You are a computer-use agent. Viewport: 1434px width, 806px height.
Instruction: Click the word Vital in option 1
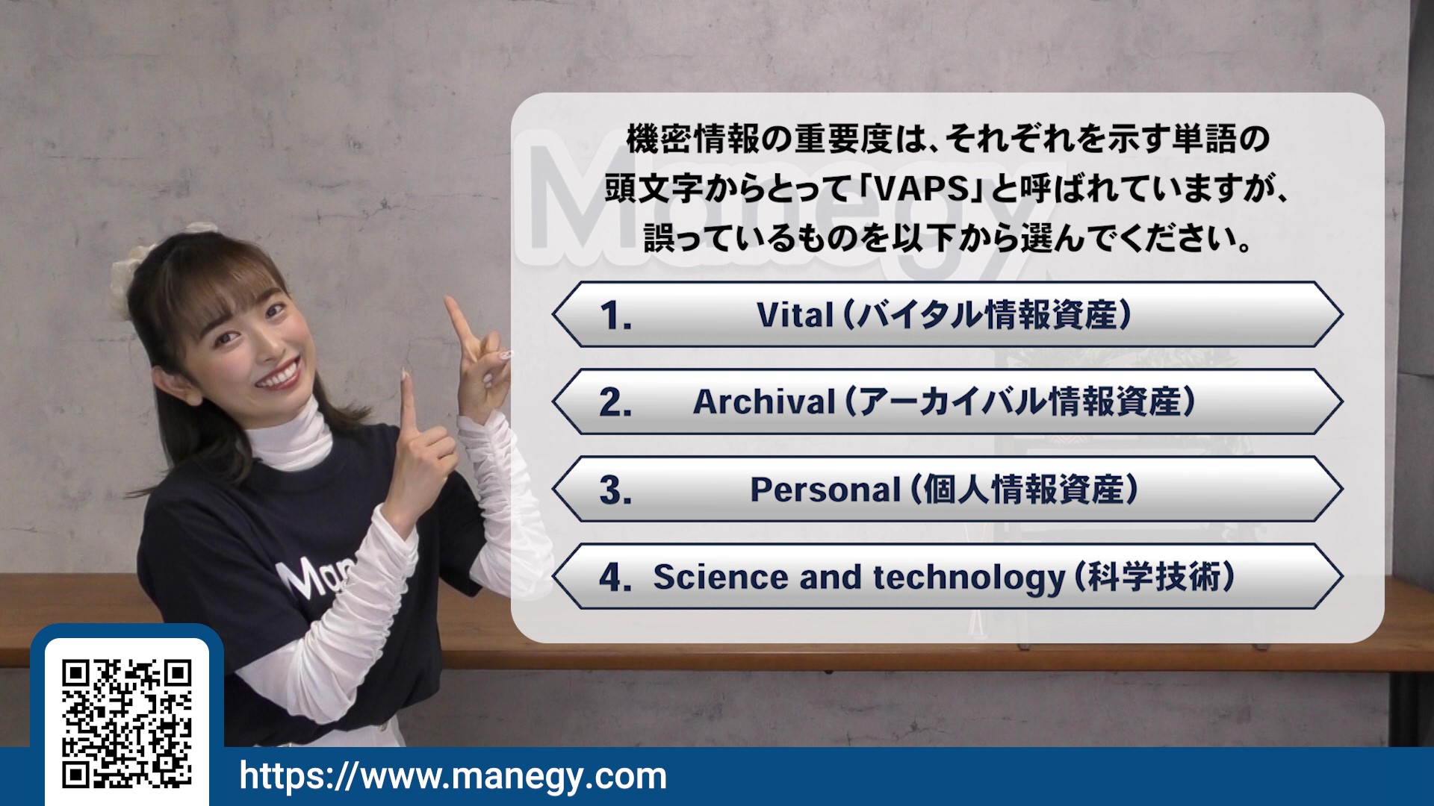click(x=795, y=315)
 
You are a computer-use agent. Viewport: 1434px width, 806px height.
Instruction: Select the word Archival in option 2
click(x=764, y=402)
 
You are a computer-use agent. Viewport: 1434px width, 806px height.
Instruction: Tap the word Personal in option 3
click(x=825, y=490)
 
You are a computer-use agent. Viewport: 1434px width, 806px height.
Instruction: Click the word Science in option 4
click(x=720, y=577)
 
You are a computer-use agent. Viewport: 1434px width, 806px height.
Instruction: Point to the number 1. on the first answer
click(x=615, y=316)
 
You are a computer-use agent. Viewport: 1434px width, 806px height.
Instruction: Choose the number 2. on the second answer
click(x=615, y=403)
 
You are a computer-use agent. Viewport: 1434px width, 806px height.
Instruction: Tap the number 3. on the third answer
click(x=615, y=490)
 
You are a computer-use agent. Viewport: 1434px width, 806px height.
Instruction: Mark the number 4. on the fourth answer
click(x=615, y=578)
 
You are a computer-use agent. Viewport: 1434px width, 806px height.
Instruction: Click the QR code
click(x=127, y=723)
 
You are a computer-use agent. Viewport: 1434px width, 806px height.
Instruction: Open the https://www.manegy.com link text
click(x=453, y=776)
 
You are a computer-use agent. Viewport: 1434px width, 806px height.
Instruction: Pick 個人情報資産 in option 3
click(x=1024, y=490)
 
